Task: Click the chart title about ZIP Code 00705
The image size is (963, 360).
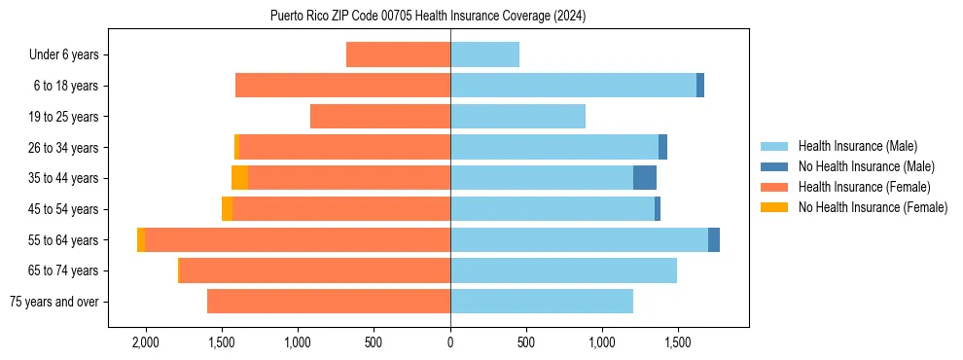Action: click(428, 17)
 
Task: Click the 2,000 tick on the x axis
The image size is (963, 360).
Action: click(146, 342)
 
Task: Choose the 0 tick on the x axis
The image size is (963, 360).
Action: click(450, 342)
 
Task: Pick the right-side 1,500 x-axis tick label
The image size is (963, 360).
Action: click(678, 342)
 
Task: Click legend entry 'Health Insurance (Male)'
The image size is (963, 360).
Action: click(857, 146)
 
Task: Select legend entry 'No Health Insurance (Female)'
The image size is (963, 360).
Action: click(873, 207)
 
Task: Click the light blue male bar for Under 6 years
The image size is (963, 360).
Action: click(484, 55)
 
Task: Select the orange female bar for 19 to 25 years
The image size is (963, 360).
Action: click(380, 117)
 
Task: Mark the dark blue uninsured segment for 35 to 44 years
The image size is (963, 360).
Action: click(645, 178)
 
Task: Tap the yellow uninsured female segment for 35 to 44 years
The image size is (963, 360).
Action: click(239, 178)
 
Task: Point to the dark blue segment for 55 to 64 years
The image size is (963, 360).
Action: click(714, 239)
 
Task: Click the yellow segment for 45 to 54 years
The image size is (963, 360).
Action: click(227, 209)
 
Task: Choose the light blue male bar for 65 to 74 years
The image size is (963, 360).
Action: click(563, 270)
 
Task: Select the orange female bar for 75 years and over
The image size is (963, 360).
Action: click(329, 302)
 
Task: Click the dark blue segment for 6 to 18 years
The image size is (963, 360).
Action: click(700, 86)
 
